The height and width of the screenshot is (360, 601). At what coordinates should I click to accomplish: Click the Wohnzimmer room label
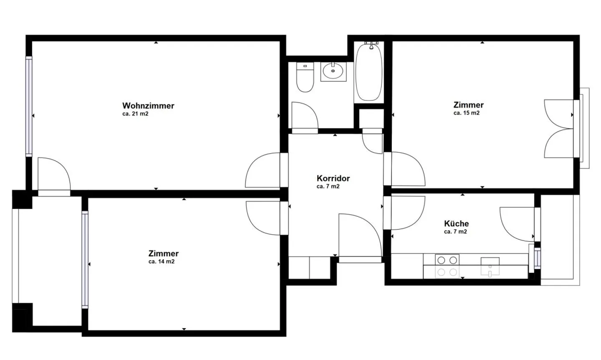coord(148,106)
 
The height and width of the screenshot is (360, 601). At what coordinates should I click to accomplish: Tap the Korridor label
coord(333,178)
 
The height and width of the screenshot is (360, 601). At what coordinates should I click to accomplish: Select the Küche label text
coord(457,223)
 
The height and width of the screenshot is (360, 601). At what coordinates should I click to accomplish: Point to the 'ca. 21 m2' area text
coord(135,114)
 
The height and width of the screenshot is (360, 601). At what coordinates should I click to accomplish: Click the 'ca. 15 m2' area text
coord(466,113)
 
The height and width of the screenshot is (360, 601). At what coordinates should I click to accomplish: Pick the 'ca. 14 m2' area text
coord(162,261)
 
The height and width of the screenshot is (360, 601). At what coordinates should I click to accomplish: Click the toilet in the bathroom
coord(305,77)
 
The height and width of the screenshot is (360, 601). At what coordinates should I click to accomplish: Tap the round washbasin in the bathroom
coord(333,71)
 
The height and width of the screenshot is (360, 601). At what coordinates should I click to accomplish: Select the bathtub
coord(369,72)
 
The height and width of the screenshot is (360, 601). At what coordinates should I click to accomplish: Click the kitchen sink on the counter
coord(490,266)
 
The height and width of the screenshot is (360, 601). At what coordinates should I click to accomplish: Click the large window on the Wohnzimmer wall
coord(29,106)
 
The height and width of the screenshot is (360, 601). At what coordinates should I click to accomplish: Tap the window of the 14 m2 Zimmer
coord(85,260)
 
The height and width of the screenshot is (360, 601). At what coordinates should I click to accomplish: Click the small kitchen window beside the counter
coord(537,258)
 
